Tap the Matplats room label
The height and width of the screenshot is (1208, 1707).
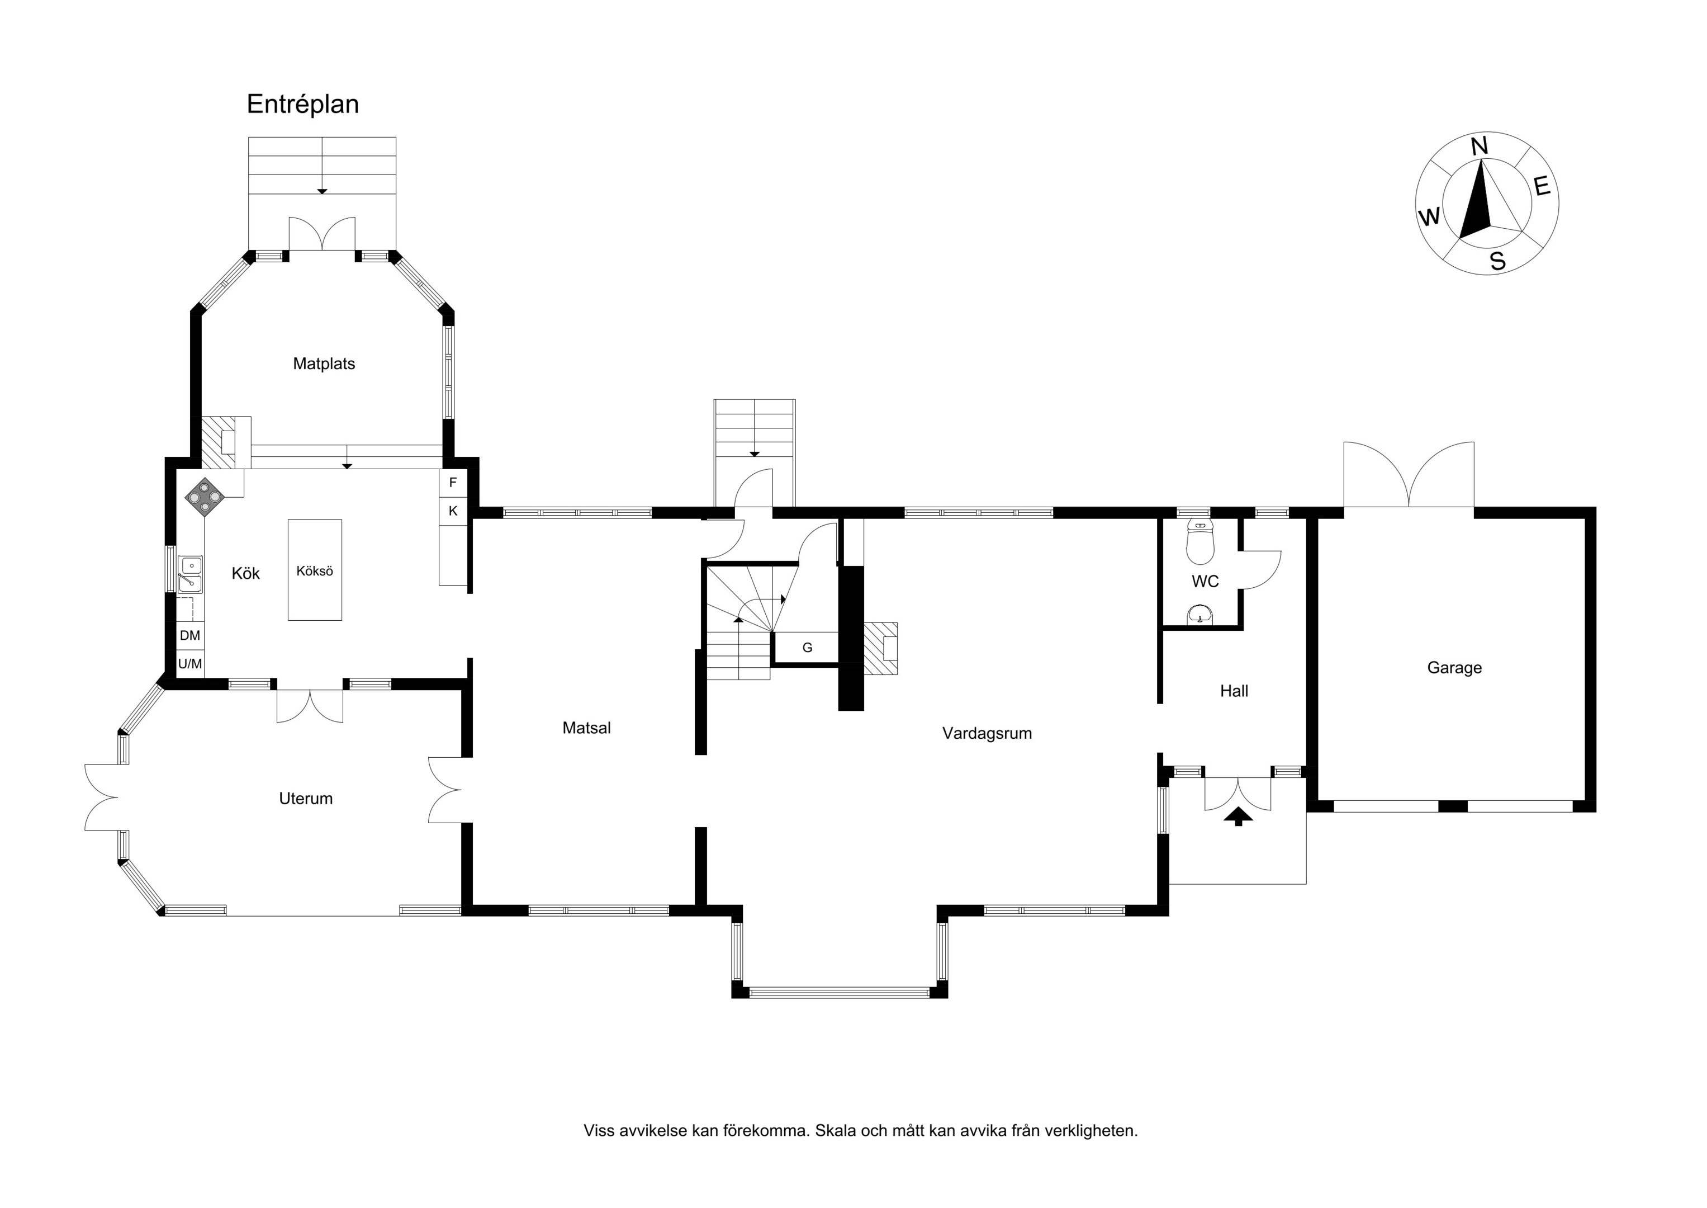pos(324,364)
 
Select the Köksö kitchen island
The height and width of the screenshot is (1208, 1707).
pos(315,570)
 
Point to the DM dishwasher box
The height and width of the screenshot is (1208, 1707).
pos(191,636)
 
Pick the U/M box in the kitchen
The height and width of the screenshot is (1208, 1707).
pos(191,663)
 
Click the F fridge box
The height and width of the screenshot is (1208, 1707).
pos(453,483)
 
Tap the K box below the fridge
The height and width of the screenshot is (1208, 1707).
pos(453,511)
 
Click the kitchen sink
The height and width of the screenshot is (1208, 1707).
pos(191,574)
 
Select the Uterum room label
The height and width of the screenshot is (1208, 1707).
pos(306,799)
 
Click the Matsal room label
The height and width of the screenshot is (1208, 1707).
pos(586,728)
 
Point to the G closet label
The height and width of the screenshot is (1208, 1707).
pos(808,648)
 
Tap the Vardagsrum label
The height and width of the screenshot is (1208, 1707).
pos(987,733)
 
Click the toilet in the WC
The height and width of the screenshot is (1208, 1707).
pos(1200,542)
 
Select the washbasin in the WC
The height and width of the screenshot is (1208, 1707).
pos(1200,615)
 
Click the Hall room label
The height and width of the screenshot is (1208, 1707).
pos(1234,691)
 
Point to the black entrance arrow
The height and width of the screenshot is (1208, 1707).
pos(1238,817)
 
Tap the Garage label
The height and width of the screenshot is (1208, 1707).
pos(1454,668)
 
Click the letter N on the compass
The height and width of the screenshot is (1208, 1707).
pos(1480,147)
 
